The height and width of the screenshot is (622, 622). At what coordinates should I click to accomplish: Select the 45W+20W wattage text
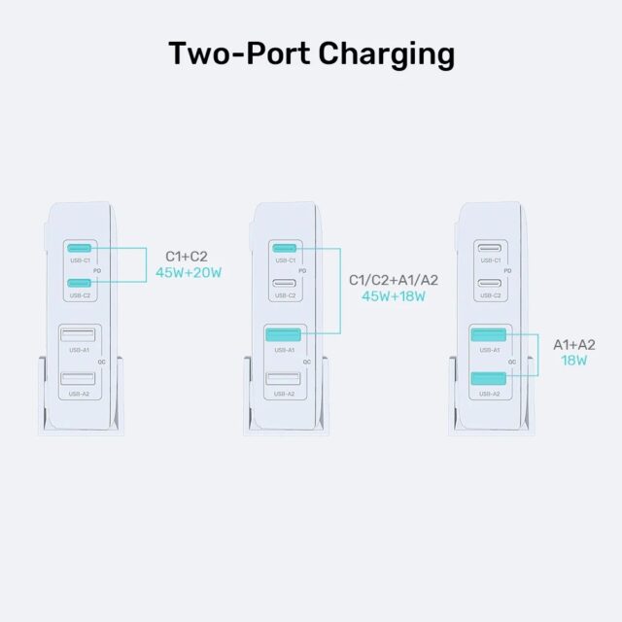click(x=189, y=273)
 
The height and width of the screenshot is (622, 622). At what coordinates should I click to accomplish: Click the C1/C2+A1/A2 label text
click(x=394, y=280)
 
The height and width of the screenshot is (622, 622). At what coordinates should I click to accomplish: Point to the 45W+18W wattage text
click(x=394, y=295)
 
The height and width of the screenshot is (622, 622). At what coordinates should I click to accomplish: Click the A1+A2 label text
click(x=573, y=344)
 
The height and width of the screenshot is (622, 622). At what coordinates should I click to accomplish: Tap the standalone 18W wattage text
click(x=573, y=361)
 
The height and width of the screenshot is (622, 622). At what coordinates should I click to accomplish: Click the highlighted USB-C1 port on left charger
click(x=80, y=248)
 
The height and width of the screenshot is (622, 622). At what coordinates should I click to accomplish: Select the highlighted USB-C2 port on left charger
click(x=80, y=283)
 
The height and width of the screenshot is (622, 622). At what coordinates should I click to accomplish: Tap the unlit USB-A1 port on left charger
click(x=78, y=336)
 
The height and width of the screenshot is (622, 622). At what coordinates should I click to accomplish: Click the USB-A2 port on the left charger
click(x=78, y=380)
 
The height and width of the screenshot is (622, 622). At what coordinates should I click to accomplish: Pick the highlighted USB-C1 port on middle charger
click(x=285, y=248)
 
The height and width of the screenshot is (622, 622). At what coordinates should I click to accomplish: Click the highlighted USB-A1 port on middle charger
click(x=283, y=336)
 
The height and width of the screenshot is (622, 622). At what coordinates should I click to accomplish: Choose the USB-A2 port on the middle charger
click(x=283, y=380)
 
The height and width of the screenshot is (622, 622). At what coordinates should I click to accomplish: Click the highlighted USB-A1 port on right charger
click(x=488, y=336)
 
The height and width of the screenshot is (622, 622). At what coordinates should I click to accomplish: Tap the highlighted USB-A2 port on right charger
click(x=488, y=380)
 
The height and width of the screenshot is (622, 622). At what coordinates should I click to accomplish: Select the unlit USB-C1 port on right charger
click(x=490, y=248)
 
